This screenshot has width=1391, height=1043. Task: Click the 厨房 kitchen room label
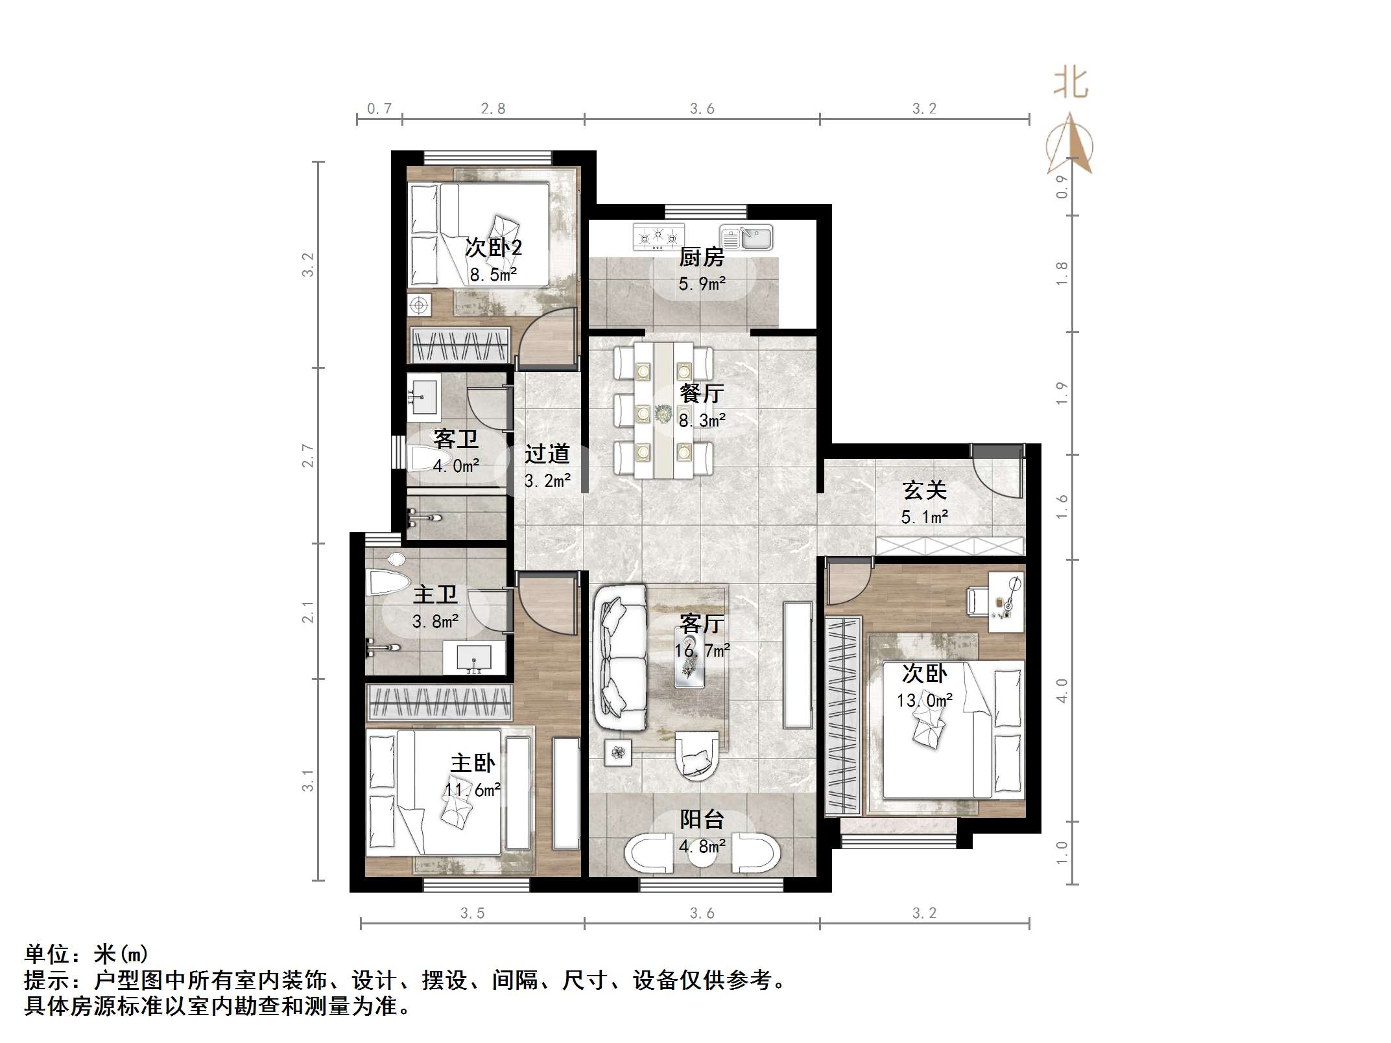701,257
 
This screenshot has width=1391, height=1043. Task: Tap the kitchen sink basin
755,238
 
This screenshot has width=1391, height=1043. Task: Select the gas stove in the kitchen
658,237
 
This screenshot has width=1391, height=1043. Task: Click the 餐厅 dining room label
701,393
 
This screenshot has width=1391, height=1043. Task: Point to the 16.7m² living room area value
702,650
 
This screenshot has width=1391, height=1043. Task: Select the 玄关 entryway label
924,490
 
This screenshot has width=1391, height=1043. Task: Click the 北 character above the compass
1071,84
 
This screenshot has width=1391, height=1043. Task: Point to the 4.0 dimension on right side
1062,690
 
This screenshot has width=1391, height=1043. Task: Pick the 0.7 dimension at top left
379,108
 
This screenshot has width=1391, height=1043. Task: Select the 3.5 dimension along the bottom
472,913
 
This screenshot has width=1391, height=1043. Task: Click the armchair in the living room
696,755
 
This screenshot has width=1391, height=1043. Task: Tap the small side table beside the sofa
618,753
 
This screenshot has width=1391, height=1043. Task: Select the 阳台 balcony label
701,819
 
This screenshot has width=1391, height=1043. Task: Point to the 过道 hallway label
547,454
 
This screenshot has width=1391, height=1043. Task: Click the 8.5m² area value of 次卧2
493,275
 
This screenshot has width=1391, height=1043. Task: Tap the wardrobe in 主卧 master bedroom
439,702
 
